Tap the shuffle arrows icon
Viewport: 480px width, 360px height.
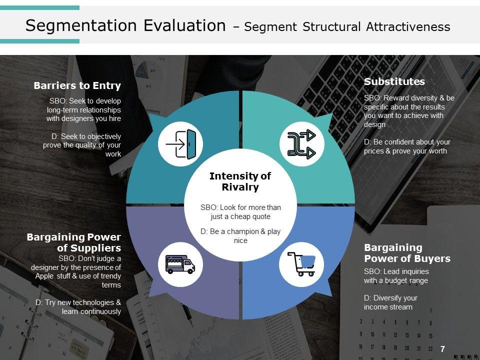coord(302,144)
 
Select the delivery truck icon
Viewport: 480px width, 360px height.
coord(180,263)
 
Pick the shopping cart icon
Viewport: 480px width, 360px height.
coord(302,263)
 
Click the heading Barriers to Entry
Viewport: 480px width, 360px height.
coord(77,86)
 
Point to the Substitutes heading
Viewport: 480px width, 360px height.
coord(394,82)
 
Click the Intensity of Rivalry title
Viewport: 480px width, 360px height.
coord(240,181)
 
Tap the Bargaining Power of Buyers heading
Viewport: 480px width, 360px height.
coord(407,253)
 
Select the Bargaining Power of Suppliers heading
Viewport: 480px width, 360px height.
coord(74,242)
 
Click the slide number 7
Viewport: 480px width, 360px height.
coord(442,349)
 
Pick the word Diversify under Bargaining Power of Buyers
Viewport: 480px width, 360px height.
coord(383,297)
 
